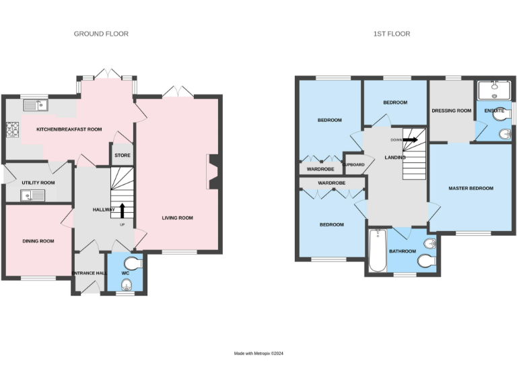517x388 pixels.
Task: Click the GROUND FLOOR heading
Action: (101, 34)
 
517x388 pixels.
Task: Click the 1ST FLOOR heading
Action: (392, 34)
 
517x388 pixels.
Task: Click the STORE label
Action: (122, 156)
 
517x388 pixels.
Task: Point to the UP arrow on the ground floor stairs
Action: (122, 210)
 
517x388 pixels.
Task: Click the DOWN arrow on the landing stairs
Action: (409, 140)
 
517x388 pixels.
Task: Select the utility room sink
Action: (31, 196)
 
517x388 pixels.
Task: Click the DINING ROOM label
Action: (38, 240)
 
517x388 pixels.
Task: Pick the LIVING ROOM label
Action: (177, 218)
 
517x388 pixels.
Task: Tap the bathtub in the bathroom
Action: (377, 251)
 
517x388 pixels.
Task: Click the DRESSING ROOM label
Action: (451, 110)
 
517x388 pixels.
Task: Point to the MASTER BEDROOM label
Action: (471, 188)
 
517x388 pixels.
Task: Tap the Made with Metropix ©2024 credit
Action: (258, 353)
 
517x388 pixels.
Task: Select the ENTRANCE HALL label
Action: (89, 273)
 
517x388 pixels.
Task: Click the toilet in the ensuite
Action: (500, 117)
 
